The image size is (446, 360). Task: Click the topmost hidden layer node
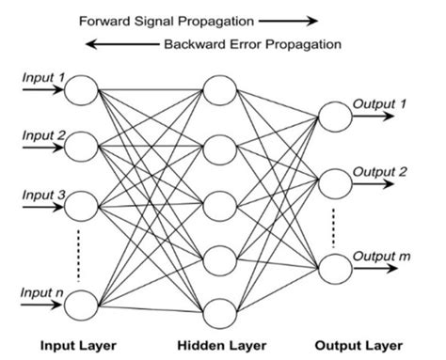218,91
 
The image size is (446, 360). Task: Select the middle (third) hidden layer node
218,201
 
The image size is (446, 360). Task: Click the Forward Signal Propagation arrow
288,18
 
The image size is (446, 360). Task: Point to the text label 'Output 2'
380,171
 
